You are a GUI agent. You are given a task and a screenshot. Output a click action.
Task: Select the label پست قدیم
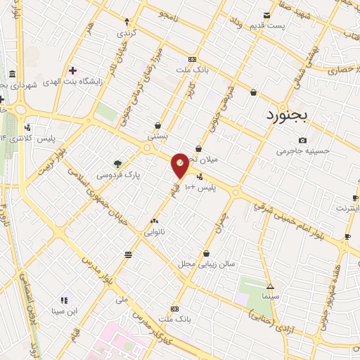266,26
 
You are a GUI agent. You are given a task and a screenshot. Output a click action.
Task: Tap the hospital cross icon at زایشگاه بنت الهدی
73,70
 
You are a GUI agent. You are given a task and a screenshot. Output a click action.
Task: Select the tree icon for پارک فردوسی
117,162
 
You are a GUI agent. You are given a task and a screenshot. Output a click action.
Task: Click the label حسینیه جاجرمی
302,150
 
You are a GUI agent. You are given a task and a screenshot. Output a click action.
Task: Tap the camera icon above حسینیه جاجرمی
302,140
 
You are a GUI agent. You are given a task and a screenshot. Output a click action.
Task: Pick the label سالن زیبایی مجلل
206,264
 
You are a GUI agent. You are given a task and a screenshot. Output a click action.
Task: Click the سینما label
271,297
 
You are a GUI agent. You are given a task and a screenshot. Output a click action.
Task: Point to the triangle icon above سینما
271,286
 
